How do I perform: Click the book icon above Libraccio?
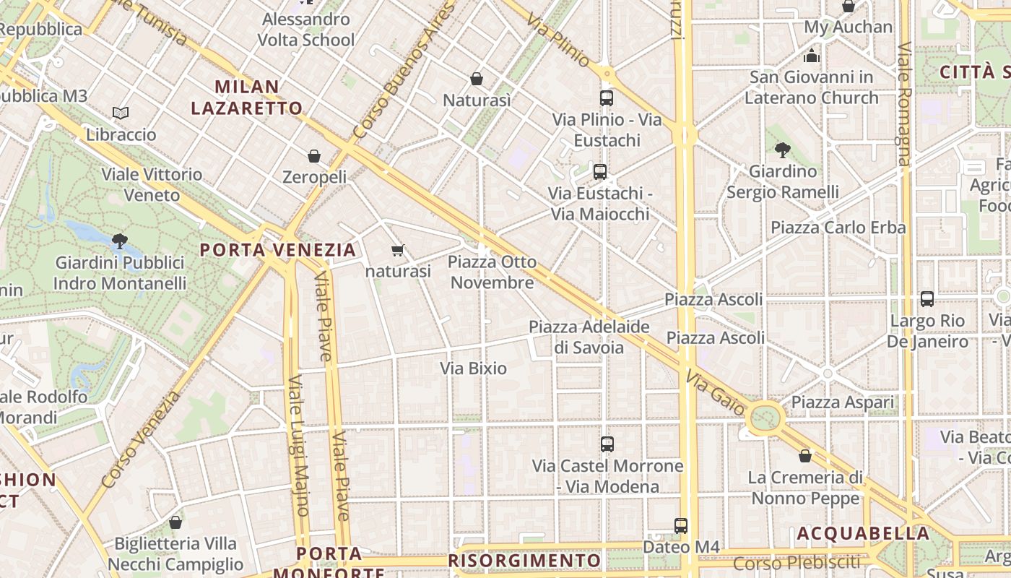tap(121, 113)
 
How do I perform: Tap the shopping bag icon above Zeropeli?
tap(314, 156)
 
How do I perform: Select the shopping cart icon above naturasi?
tap(397, 251)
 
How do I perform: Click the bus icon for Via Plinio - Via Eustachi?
tap(607, 98)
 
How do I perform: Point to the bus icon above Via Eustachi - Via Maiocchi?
tap(599, 172)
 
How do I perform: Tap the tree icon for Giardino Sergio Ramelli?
tap(782, 150)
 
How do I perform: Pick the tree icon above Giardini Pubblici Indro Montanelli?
tap(120, 241)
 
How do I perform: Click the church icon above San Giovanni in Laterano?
tap(812, 56)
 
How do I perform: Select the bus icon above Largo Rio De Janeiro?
tap(927, 299)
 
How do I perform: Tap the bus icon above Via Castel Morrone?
tap(607, 444)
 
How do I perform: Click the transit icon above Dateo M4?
tap(680, 526)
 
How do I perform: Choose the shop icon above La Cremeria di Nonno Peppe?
tap(805, 456)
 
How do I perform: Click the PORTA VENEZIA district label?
tap(278, 250)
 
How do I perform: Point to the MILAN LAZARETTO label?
tap(247, 98)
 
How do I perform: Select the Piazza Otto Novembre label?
tap(492, 272)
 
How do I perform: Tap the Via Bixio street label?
tap(474, 368)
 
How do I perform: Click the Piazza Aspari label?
tap(842, 402)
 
